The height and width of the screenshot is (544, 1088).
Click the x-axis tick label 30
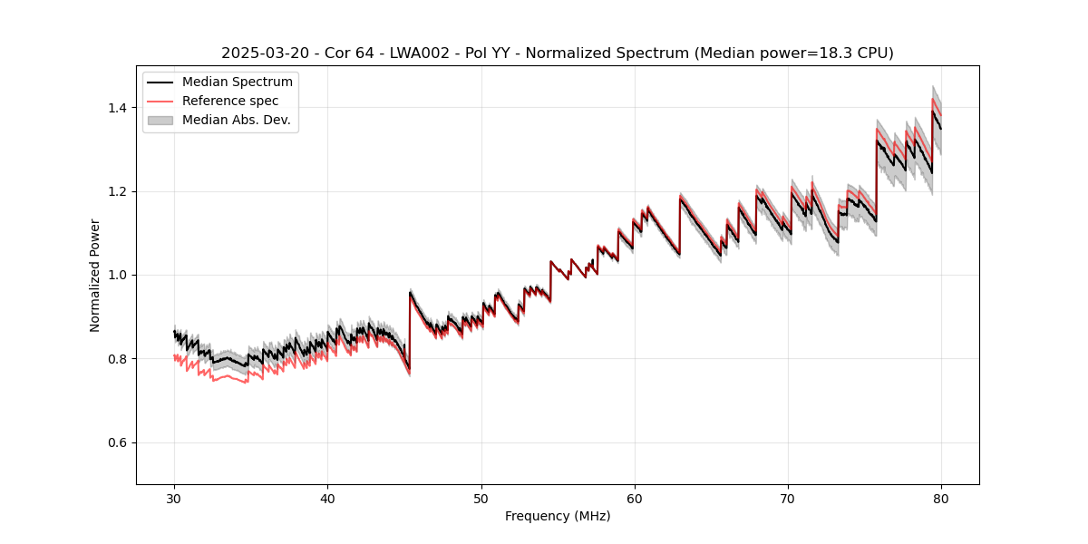pyautogui.click(x=174, y=498)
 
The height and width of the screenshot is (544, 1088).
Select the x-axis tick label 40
pyautogui.click(x=327, y=498)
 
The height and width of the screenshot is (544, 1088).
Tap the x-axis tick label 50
pyautogui.click(x=481, y=498)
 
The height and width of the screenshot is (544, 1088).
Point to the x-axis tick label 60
pyautogui.click(x=635, y=498)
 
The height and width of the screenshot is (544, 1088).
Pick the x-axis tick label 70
pyautogui.click(x=788, y=498)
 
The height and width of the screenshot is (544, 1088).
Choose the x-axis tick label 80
pyautogui.click(x=941, y=498)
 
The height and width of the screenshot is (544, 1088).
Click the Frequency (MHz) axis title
pyautogui.click(x=558, y=516)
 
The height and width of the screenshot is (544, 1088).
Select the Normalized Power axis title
pyautogui.click(x=95, y=275)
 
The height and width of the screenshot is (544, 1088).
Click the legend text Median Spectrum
pyautogui.click(x=238, y=83)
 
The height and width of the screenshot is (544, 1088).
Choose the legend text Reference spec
pyautogui.click(x=230, y=101)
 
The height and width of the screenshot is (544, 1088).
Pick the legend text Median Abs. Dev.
pyautogui.click(x=237, y=120)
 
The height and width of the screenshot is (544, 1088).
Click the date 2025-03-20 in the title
pyautogui.click(x=258, y=53)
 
